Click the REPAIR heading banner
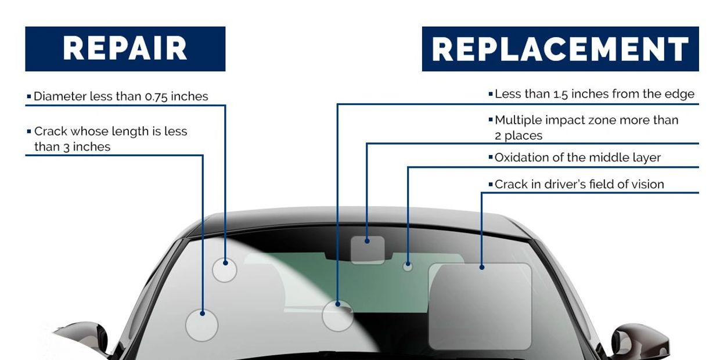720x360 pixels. (x=125, y=49)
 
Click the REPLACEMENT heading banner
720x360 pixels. (x=560, y=49)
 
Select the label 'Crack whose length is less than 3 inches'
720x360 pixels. (x=110, y=139)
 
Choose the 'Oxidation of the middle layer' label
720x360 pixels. (x=577, y=157)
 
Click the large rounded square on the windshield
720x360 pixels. (x=480, y=306)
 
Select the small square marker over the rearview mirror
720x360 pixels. (x=368, y=250)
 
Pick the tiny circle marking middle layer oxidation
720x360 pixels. (x=408, y=267)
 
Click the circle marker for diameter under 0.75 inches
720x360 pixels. (x=225, y=270)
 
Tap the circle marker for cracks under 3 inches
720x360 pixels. (x=201, y=325)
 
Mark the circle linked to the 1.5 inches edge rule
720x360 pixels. (x=338, y=316)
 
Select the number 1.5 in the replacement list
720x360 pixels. (x=561, y=94)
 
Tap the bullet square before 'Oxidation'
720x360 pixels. (x=491, y=157)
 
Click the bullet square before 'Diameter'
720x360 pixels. (x=29, y=96)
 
